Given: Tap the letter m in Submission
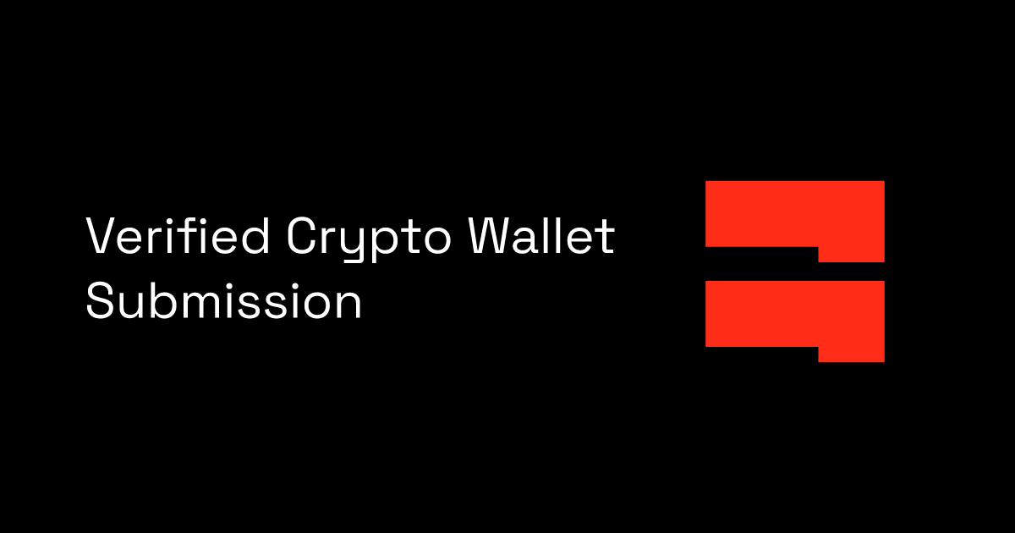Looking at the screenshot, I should tap(197, 304).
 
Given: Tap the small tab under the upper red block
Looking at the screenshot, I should tap(851, 254).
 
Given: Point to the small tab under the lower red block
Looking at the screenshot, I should tap(851, 354).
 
